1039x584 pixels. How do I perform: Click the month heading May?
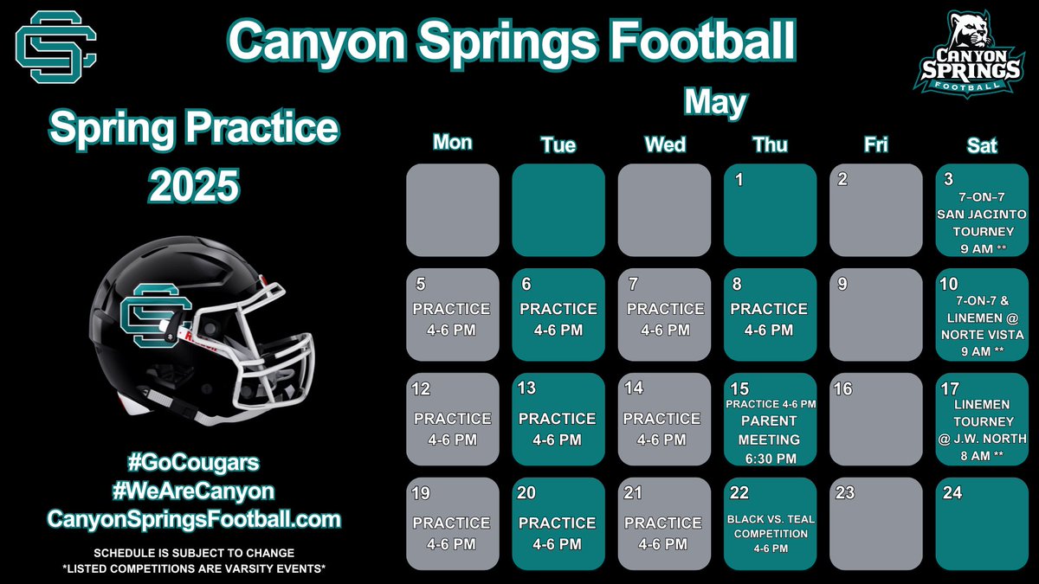[715, 103]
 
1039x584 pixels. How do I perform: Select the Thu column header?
[770, 145]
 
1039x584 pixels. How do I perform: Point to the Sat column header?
[981, 145]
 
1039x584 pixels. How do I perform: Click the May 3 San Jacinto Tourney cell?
[981, 210]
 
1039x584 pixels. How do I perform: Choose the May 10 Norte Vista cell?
[981, 315]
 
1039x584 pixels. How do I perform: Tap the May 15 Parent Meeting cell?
[770, 420]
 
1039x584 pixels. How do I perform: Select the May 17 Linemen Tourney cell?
[981, 420]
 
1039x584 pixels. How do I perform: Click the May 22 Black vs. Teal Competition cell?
[770, 523]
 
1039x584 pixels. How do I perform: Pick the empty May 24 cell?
[981, 523]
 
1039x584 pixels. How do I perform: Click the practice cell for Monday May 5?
[452, 315]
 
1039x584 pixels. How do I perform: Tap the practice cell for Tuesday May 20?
[558, 523]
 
